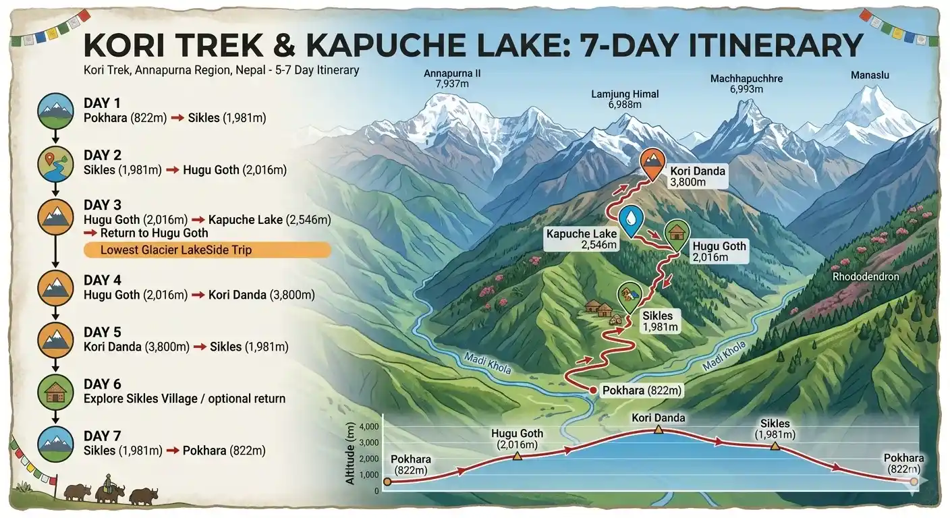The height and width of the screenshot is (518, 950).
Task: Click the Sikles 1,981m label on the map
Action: [x=661, y=321]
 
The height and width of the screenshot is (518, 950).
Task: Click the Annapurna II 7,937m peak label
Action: [x=452, y=79]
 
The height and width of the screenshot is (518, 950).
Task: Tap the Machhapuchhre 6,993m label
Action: [x=746, y=84]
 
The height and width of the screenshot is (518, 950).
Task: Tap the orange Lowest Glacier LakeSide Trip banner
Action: [x=206, y=250]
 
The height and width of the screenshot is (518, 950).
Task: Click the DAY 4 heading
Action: [x=102, y=281]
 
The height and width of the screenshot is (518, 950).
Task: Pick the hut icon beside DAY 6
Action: [x=52, y=393]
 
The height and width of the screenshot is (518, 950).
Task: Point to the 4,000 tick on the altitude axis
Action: [x=369, y=427]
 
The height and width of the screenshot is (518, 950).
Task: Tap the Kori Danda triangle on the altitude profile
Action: [x=658, y=430]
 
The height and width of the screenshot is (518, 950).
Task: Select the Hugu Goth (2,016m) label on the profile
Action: [x=517, y=439]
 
